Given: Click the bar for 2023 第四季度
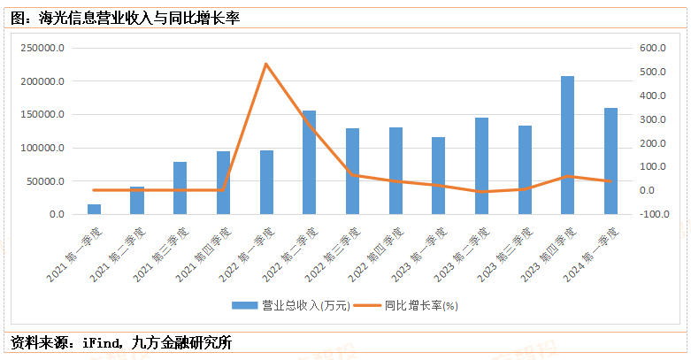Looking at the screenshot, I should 567,145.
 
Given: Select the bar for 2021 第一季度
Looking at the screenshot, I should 94,209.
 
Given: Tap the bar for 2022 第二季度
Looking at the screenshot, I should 309,162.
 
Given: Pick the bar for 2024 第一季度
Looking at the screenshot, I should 610,160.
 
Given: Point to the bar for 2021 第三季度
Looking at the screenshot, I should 180,188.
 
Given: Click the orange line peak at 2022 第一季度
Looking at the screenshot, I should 265,64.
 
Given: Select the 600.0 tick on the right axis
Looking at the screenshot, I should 652,49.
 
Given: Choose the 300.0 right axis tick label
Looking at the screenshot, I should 652,119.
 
